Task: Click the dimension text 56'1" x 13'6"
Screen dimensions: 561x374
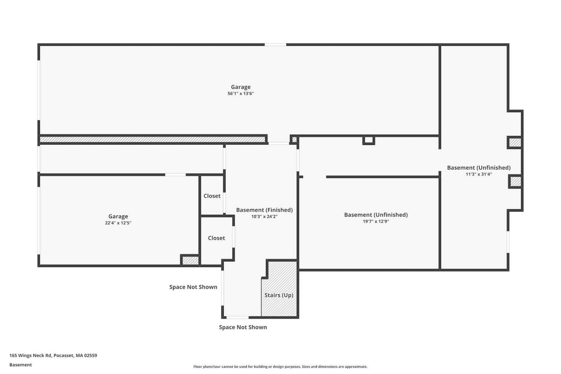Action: point(241,93)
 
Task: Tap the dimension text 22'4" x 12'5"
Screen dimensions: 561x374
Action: point(118,223)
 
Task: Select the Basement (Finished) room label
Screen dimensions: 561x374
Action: point(264,210)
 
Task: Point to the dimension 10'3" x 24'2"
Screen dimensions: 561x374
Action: point(264,217)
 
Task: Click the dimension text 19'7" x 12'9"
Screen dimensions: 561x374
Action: point(376,221)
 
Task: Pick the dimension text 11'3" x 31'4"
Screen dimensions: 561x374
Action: point(479,174)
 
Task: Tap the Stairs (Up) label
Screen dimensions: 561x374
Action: point(279,295)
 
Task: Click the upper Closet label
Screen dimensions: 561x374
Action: point(212,196)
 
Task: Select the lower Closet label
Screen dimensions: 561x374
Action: point(217,238)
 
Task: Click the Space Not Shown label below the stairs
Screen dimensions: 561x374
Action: point(243,327)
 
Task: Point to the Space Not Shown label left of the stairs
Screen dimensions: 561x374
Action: point(193,287)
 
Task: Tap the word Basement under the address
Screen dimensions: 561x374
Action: point(20,365)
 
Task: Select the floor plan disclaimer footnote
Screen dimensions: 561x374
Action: point(280,367)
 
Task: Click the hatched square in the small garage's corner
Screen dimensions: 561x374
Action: point(191,260)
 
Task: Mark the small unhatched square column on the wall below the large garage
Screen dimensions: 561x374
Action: point(368,140)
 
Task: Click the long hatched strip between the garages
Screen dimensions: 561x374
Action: point(152,139)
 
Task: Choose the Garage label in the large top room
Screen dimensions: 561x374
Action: point(241,87)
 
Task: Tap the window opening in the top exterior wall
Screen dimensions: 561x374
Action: point(275,45)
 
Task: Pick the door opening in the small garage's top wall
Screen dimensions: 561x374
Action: point(175,175)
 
